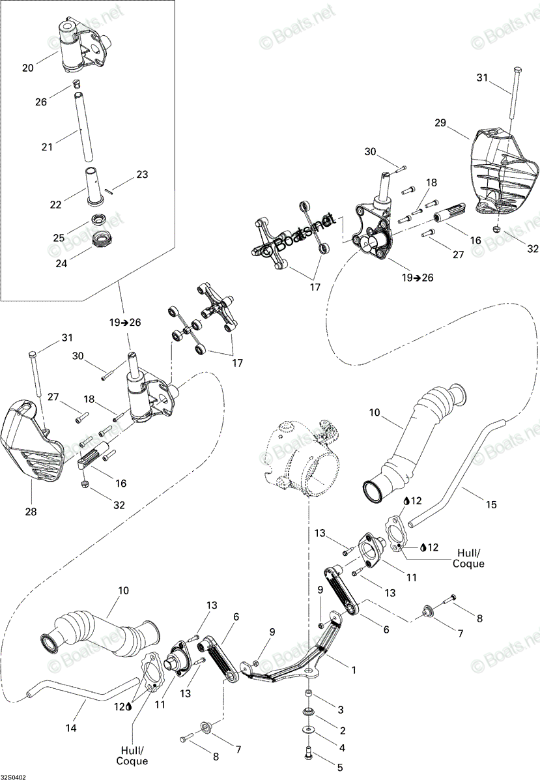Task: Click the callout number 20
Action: tap(28, 67)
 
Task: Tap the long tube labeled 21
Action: tap(84, 126)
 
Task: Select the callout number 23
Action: tap(142, 174)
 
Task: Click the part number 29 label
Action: tap(440, 123)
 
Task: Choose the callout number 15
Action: tap(491, 504)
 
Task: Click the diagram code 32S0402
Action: tap(13, 778)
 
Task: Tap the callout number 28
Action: tap(31, 512)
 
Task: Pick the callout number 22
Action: tap(55, 205)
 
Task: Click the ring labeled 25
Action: tap(100, 220)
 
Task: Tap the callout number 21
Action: tap(47, 147)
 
